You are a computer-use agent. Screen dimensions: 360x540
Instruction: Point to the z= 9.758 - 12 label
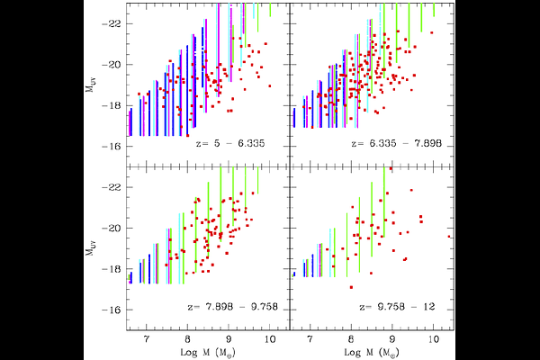[x=391, y=307]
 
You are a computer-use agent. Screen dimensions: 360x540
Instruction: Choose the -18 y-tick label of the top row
[x=114, y=106]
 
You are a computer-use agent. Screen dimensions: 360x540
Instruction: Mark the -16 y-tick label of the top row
[x=114, y=147]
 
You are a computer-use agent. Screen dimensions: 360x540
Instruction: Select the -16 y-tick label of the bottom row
[x=114, y=310]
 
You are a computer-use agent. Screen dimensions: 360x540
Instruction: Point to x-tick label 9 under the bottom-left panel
[x=228, y=342]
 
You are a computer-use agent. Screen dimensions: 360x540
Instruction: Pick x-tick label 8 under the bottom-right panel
[x=351, y=342]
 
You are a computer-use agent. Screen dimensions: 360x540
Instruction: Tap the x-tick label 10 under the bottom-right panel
[x=433, y=342]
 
